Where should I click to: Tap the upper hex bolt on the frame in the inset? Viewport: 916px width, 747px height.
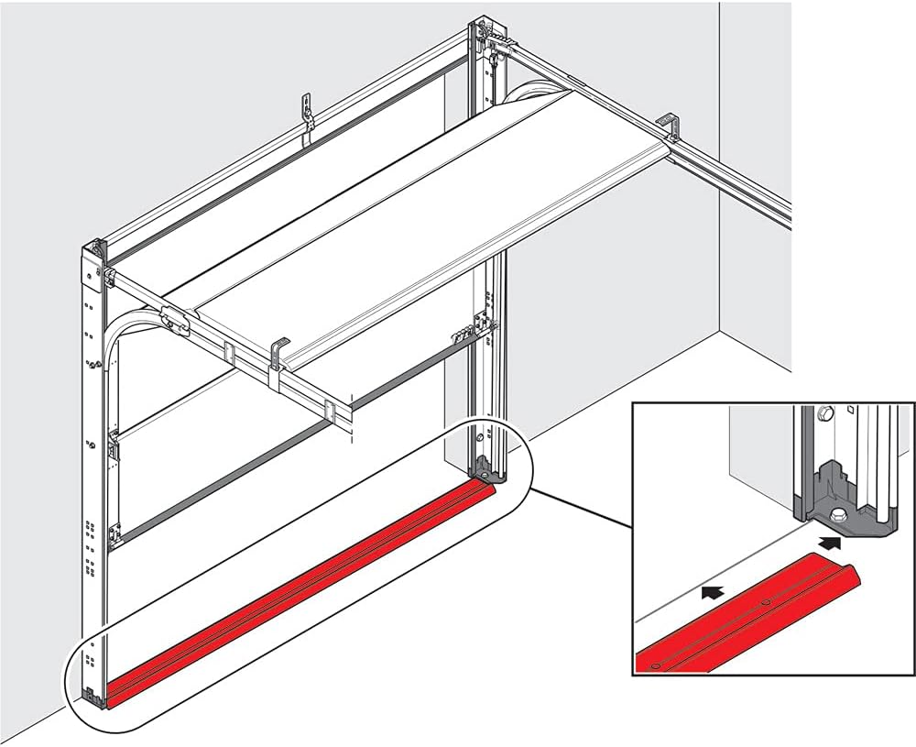pos(825,414)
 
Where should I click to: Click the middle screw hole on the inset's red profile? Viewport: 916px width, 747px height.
pos(765,602)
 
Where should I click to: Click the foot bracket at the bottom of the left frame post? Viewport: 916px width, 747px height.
pos(93,695)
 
